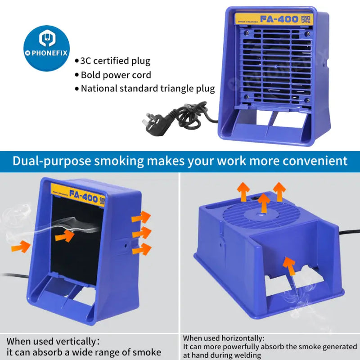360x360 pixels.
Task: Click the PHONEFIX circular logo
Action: click(x=46, y=48)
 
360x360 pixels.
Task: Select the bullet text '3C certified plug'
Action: click(x=115, y=61)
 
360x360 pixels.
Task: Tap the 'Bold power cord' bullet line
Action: click(x=116, y=75)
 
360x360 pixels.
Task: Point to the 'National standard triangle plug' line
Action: click(x=147, y=89)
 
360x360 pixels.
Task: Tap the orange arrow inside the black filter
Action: click(x=65, y=235)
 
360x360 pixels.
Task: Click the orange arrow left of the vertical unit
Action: click(x=21, y=246)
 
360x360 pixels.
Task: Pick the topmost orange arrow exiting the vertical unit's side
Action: click(x=141, y=217)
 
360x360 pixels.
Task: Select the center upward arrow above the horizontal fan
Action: click(x=264, y=202)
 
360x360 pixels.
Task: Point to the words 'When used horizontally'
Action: click(x=224, y=338)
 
